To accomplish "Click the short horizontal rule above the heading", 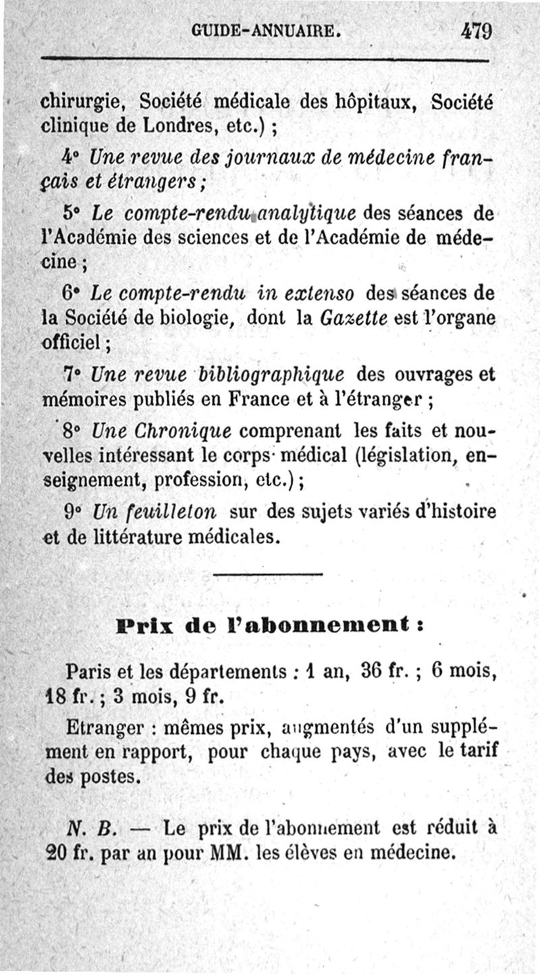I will [x=268, y=574].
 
